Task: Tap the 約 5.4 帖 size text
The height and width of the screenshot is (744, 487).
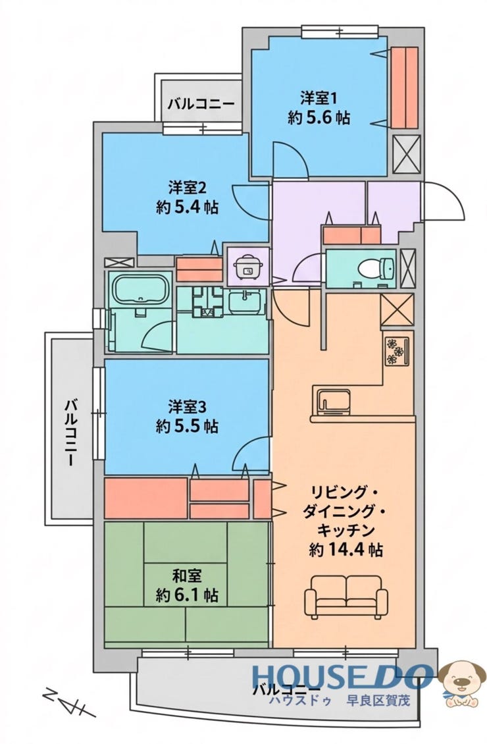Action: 188,207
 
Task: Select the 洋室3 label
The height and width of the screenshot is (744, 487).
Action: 188,407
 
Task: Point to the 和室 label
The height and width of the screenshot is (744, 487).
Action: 187,575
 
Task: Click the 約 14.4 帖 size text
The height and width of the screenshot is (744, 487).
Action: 346,550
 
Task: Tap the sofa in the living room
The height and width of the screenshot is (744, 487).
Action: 346,596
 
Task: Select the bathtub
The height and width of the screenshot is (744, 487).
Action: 140,288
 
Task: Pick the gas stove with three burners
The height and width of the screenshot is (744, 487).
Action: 397,351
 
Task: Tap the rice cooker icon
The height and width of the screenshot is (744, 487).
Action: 247,267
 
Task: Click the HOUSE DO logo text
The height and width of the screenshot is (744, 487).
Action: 342,676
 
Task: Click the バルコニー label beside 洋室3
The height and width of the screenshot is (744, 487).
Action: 70,433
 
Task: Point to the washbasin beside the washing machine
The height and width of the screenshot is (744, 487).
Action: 245,302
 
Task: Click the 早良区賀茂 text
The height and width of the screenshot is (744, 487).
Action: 378,701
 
